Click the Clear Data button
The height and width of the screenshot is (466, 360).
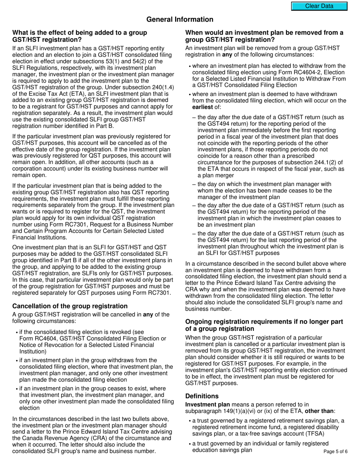point(319,6)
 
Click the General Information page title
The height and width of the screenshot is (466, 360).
point(180,20)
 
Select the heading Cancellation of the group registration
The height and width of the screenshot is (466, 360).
point(70,306)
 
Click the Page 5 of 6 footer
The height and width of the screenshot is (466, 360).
point(335,451)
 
